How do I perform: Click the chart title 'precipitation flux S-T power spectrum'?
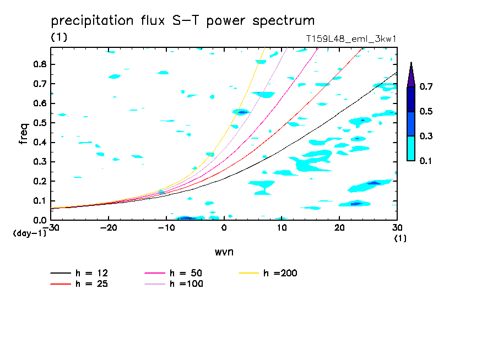[183, 21]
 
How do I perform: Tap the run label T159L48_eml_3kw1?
[351, 40]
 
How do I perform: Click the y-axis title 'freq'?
[24, 133]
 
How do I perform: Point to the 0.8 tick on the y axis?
[39, 64]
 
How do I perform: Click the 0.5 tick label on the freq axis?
[39, 123]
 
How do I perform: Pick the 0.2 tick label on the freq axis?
[39, 181]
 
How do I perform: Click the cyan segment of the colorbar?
[411, 148]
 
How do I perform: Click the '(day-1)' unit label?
[29, 233]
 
